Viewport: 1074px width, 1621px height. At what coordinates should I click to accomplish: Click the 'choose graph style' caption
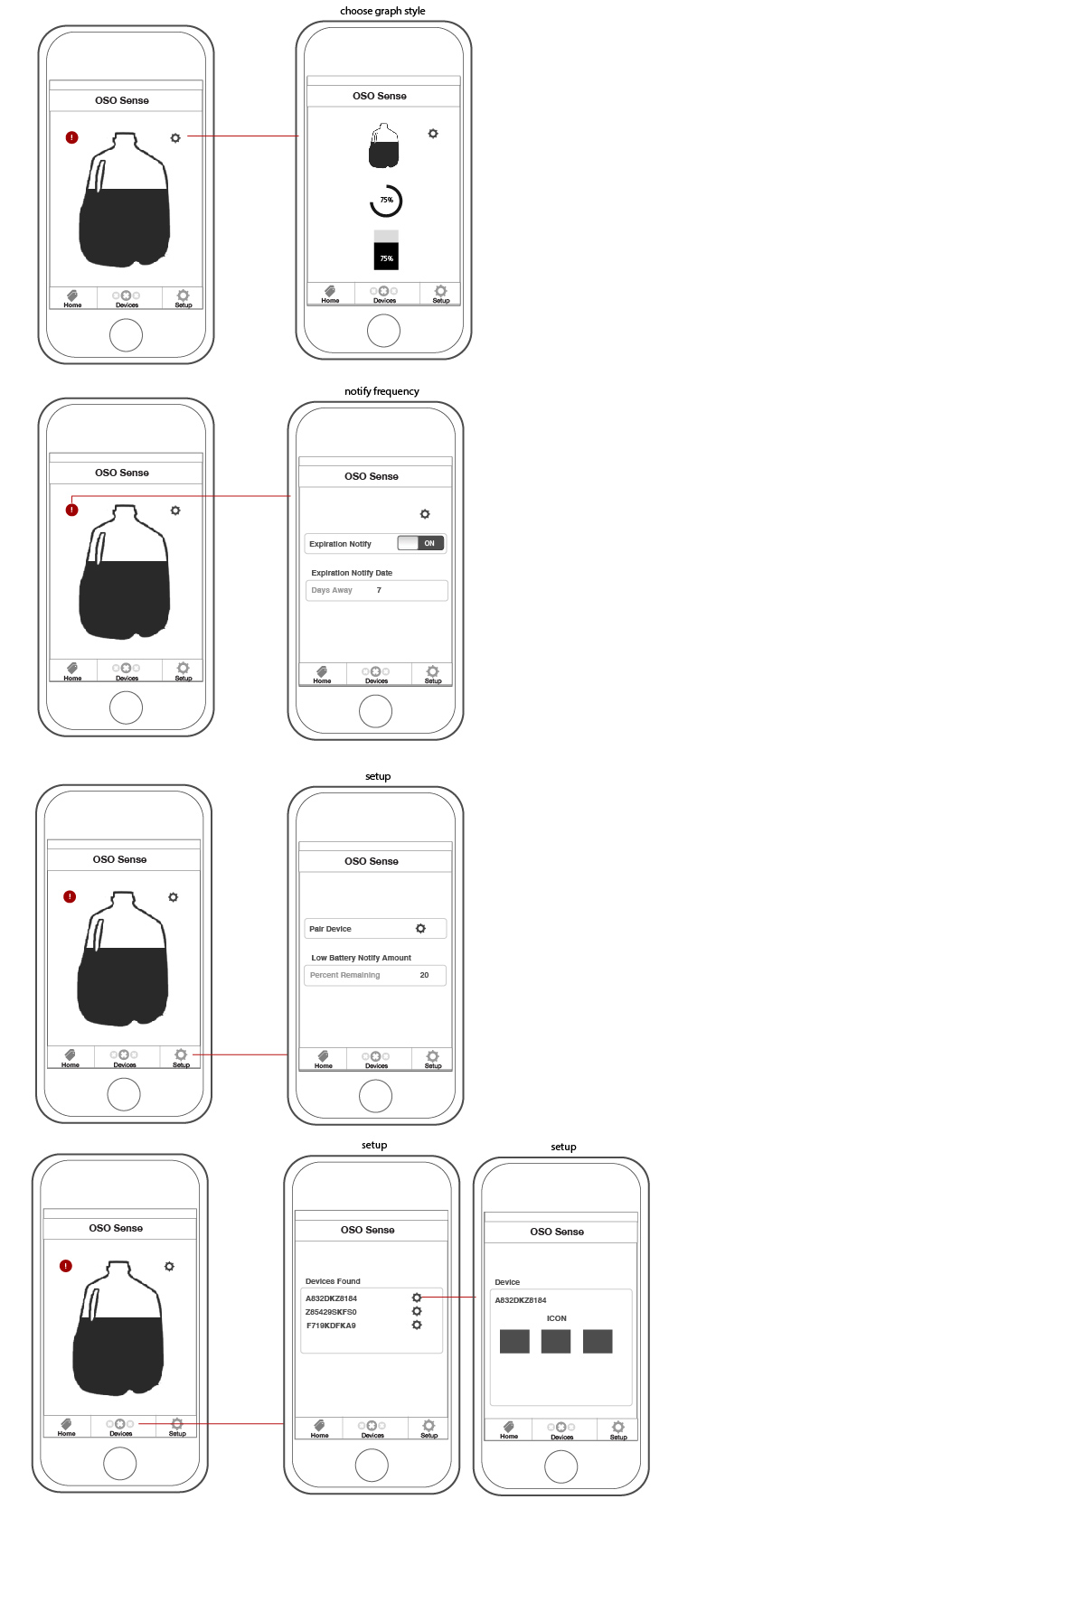pyautogui.click(x=382, y=11)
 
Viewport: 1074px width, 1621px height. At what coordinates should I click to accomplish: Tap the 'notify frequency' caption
pyautogui.click(x=382, y=391)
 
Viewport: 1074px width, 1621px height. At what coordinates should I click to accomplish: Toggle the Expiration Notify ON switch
pyautogui.click(x=420, y=543)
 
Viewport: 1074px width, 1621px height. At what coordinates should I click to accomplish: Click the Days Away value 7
pyautogui.click(x=379, y=590)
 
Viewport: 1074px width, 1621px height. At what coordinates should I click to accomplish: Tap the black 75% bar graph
pyautogui.click(x=386, y=257)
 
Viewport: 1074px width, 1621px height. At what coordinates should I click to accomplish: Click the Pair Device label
pyautogui.click(x=330, y=929)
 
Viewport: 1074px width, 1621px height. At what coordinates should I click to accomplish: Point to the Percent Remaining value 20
pyautogui.click(x=424, y=975)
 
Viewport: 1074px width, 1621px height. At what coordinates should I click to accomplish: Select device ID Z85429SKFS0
pyautogui.click(x=331, y=1312)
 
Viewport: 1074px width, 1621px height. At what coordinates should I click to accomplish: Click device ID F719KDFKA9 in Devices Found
pyautogui.click(x=331, y=1326)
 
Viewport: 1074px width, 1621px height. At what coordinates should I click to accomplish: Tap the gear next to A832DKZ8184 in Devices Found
pyautogui.click(x=417, y=1298)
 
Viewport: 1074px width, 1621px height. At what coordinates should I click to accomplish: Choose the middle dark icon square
pyautogui.click(x=556, y=1341)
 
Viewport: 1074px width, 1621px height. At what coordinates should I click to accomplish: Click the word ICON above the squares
pyautogui.click(x=557, y=1318)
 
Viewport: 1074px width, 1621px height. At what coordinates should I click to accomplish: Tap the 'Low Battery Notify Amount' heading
pyautogui.click(x=361, y=958)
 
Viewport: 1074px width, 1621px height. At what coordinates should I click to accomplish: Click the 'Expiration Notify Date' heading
pyautogui.click(x=352, y=573)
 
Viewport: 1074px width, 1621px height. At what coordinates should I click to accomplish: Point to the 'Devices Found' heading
pyautogui.click(x=333, y=1281)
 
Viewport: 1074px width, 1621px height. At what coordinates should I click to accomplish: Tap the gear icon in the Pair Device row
pyautogui.click(x=420, y=929)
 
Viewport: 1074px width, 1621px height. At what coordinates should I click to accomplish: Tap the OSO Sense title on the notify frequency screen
pyautogui.click(x=372, y=476)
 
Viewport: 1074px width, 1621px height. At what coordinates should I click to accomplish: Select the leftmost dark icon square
pyautogui.click(x=514, y=1341)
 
